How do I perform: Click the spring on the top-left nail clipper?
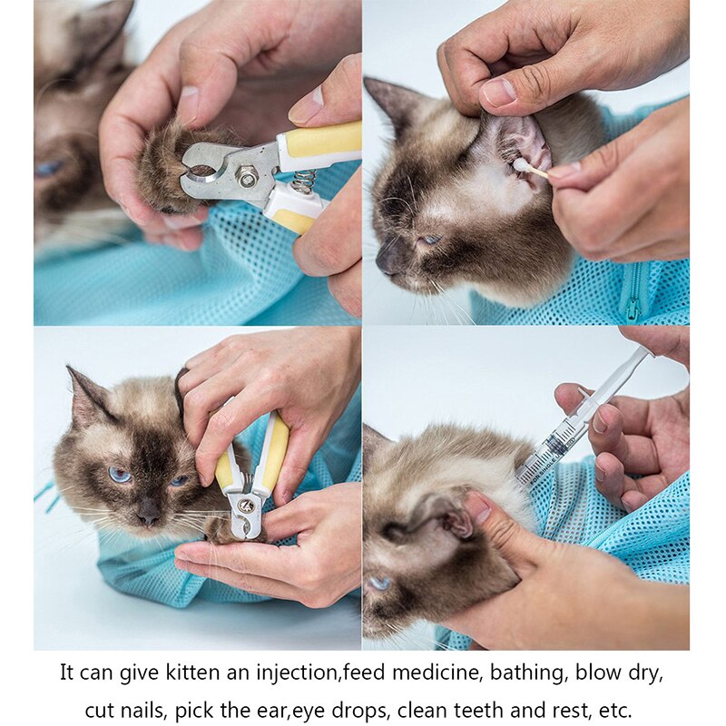coord(303,181)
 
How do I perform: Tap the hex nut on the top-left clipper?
coord(248,176)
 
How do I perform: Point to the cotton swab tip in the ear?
coord(525,166)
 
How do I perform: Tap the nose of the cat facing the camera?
coord(148,515)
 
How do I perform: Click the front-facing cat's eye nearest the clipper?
coord(180,480)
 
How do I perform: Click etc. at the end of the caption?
coord(618,709)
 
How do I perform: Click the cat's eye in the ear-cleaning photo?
coord(429,240)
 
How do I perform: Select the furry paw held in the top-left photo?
coord(163,168)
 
